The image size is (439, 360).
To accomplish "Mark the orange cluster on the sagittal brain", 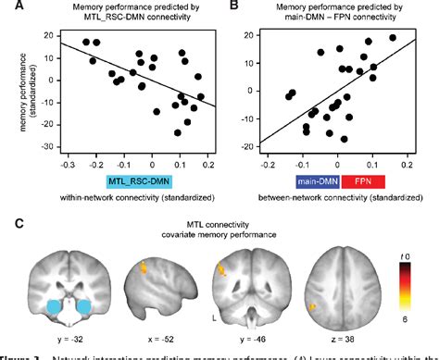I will pyautogui.click(x=144, y=268).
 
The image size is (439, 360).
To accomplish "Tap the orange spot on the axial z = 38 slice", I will pyautogui.click(x=314, y=305).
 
